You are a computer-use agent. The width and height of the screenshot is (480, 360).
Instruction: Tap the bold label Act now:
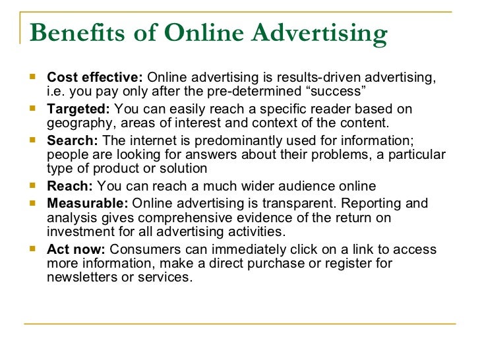(76, 250)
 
